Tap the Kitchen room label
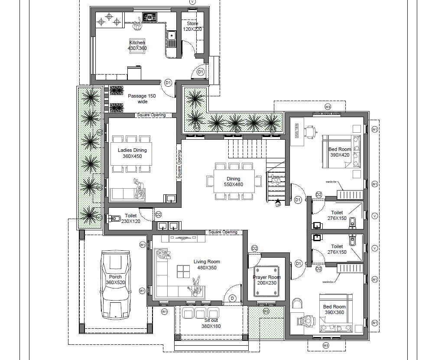tap(137, 45)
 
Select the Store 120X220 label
tap(192, 26)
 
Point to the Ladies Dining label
tap(132, 153)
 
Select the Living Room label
tap(207, 265)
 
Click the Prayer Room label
tap(266, 280)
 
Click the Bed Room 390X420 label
tap(340, 152)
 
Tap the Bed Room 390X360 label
tap(334, 309)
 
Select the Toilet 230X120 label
tap(130, 218)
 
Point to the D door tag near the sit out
tap(232, 298)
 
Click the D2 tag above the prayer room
tap(254, 248)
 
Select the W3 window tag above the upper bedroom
tap(328, 106)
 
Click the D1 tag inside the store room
tap(201, 72)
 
